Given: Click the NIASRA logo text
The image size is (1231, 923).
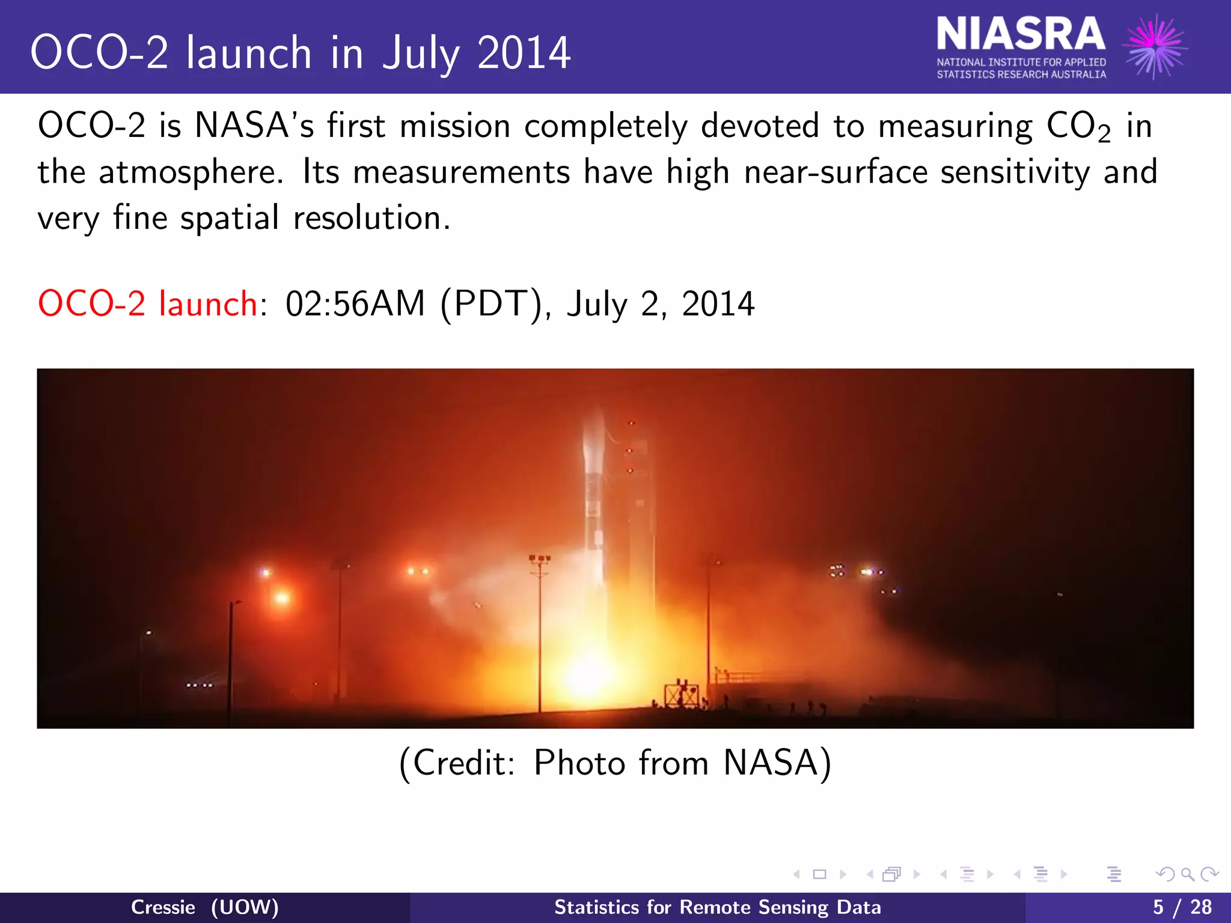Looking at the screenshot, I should pyautogui.click(x=1020, y=34).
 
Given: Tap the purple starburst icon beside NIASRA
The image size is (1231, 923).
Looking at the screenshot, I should pyautogui.click(x=1155, y=46).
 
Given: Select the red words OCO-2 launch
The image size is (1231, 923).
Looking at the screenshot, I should pyautogui.click(x=148, y=303).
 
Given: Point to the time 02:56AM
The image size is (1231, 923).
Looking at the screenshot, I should pyautogui.click(x=355, y=303).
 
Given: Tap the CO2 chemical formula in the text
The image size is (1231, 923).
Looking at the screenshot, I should pyautogui.click(x=1077, y=127).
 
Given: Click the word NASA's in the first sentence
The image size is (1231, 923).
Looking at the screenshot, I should pyautogui.click(x=254, y=126).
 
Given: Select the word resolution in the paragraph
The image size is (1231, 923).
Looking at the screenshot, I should pyautogui.click(x=371, y=218).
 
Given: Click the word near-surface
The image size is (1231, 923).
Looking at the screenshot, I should pyautogui.click(x=835, y=172).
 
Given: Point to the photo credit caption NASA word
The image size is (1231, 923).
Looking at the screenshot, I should pyautogui.click(x=770, y=763).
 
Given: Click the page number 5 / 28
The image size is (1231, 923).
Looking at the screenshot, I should pyautogui.click(x=1182, y=907).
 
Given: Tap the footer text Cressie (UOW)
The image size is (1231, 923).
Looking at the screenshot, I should pyautogui.click(x=204, y=907).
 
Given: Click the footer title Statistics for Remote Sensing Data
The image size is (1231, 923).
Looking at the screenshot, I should pyautogui.click(x=717, y=907).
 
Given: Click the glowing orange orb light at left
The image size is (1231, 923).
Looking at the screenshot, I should pyautogui.click(x=282, y=597).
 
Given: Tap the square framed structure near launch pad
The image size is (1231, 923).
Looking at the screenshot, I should pyautogui.click(x=681, y=695).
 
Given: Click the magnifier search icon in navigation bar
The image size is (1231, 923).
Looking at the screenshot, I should pyautogui.click(x=1187, y=874).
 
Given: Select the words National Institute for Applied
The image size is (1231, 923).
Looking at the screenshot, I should pyautogui.click(x=1021, y=62).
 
